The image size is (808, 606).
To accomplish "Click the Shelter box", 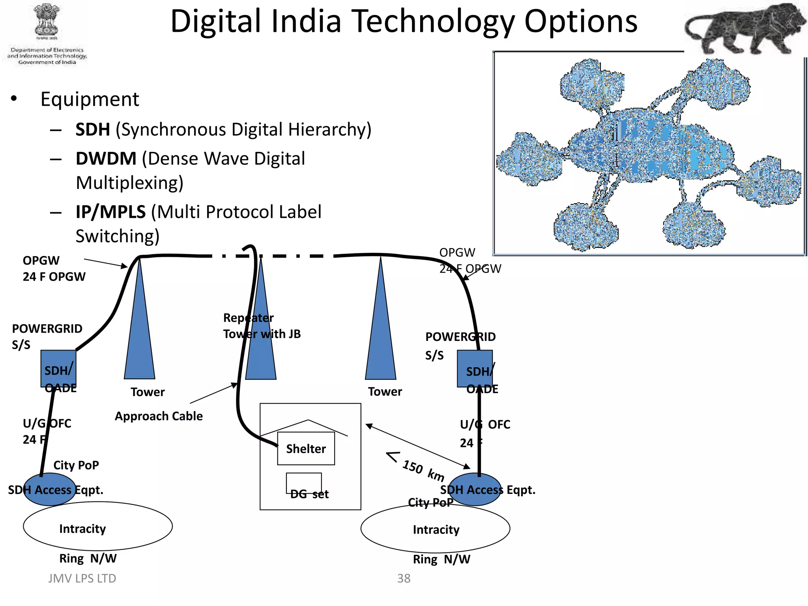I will pyautogui.click(x=306, y=449).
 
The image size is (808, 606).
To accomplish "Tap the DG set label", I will pyautogui.click(x=309, y=494).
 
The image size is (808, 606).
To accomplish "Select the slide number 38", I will pyautogui.click(x=404, y=578).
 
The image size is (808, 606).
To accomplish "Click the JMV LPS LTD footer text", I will pyautogui.click(x=82, y=578).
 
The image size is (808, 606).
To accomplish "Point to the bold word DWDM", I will pyautogui.click(x=106, y=159).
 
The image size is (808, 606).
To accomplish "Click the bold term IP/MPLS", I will pyautogui.click(x=110, y=212).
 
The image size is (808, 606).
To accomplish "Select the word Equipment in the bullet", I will pyautogui.click(x=90, y=99).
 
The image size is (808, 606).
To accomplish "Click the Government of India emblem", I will pyautogui.click(x=47, y=22).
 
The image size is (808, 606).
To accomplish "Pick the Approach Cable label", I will pyautogui.click(x=159, y=416).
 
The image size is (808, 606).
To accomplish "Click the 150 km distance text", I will pyautogui.click(x=423, y=470).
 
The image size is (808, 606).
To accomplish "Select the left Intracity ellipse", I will pyautogui.click(x=97, y=527).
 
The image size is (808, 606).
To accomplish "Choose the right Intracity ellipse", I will pyautogui.click(x=435, y=529).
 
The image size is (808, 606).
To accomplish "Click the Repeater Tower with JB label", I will pyautogui.click(x=262, y=326).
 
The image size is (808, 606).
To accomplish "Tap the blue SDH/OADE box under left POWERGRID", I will pyautogui.click(x=58, y=368).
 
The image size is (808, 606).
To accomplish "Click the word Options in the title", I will pyautogui.click(x=580, y=22).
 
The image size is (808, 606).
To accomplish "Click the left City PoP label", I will pyautogui.click(x=76, y=465).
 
